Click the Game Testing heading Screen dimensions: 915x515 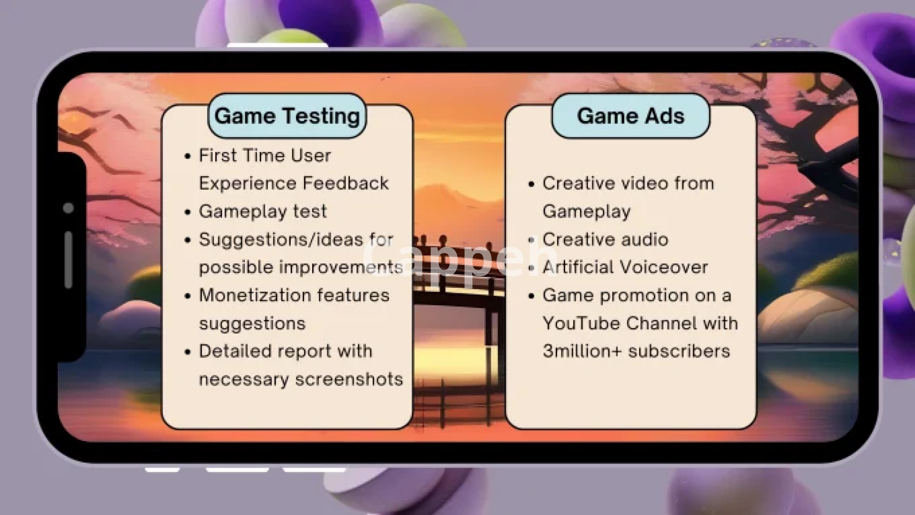(287, 116)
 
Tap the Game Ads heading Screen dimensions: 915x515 (630, 116)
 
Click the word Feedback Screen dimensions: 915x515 (346, 183)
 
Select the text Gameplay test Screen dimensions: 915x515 (263, 212)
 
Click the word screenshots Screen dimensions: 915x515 (349, 379)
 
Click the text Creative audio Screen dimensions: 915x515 (605, 239)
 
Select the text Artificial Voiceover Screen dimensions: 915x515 (625, 267)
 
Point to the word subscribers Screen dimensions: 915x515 (679, 351)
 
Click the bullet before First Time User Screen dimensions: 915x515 (188, 156)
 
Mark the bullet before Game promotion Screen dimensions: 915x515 (531, 296)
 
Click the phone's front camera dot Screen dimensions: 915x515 (68, 208)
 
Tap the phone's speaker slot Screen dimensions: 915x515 (68, 260)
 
